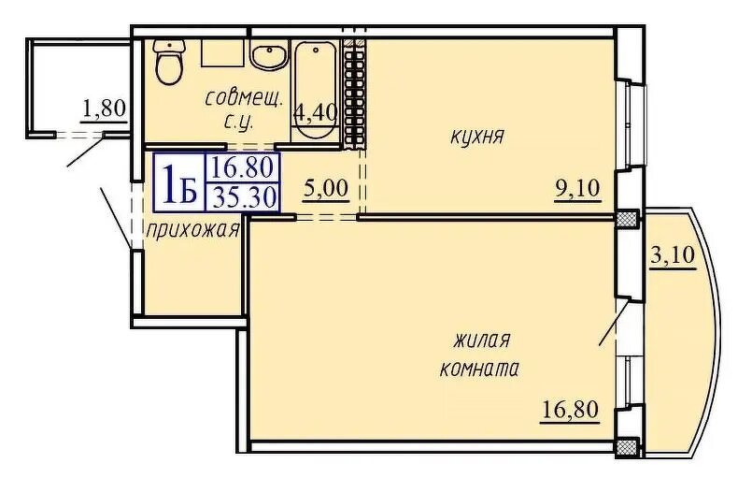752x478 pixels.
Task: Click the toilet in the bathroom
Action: coord(169,62)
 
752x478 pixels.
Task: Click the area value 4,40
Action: coord(315,113)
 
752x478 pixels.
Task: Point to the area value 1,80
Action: coord(103,109)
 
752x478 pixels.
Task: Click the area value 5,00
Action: coord(326,188)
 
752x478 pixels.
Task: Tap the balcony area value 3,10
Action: coord(672,253)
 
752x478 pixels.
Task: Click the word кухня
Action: coord(476,138)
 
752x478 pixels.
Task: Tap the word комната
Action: coord(478,369)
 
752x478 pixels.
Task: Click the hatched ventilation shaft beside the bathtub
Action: coord(354,94)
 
